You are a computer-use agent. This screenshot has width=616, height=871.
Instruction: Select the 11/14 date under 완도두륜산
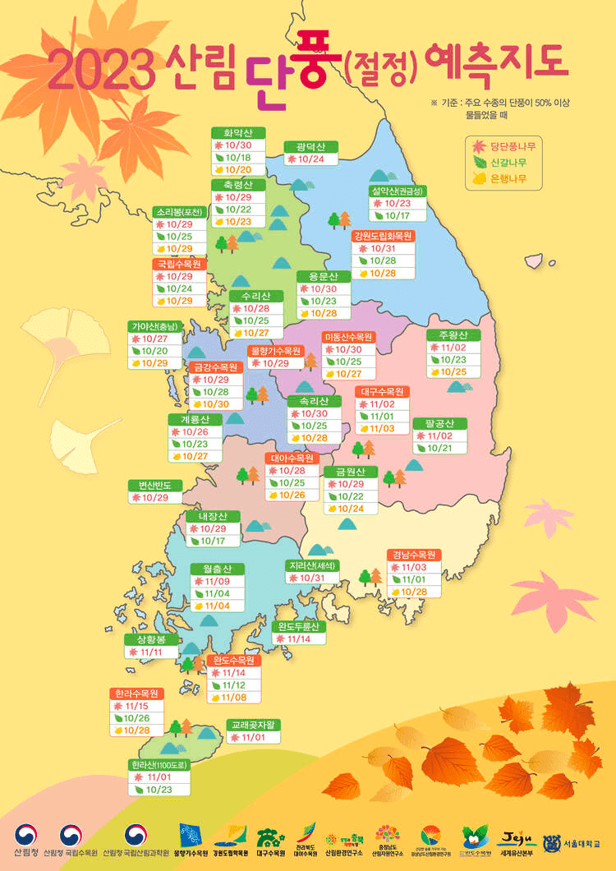coord(299,638)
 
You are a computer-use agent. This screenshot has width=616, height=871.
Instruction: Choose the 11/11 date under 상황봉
coord(151,652)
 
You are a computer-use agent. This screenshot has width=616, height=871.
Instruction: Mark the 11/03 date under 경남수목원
coord(414,567)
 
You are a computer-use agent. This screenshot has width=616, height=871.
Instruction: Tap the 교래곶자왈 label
coord(255,726)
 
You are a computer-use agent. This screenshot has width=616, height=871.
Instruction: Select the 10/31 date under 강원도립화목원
coord(383,248)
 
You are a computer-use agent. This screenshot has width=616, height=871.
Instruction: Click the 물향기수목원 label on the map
coord(277,350)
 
